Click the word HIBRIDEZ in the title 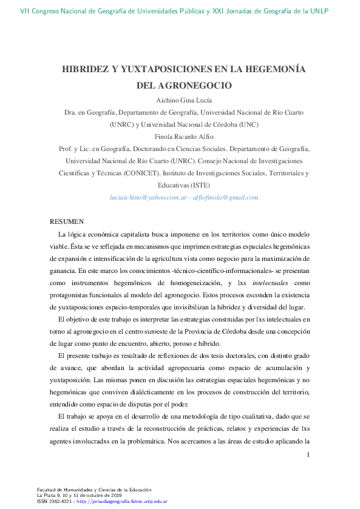84,69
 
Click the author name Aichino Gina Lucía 180,100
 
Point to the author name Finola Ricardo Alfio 180,137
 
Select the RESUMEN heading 66,221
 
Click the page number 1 309,454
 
